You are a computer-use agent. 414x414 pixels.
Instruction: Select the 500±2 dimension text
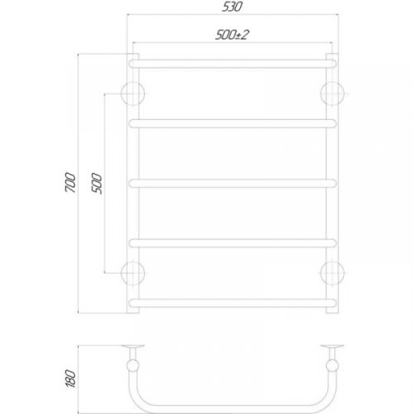(232, 35)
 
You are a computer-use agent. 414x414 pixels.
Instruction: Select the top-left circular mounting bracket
(133, 92)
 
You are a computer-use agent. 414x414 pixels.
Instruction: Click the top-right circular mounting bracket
(332, 92)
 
